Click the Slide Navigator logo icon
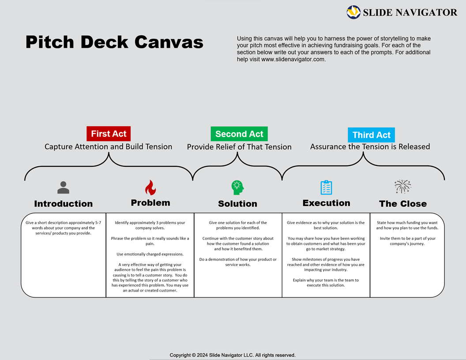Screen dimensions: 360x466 [353, 12]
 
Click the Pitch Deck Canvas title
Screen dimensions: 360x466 [114, 42]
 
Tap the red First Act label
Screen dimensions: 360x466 [109, 134]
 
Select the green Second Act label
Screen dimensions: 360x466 [239, 134]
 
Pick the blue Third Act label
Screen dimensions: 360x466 [371, 135]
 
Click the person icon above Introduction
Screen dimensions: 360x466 [64, 187]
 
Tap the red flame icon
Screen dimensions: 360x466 [150, 187]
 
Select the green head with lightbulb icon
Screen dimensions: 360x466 [237, 187]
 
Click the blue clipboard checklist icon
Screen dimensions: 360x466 [326, 187]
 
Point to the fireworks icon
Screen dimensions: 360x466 [402, 187]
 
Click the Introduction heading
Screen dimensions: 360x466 [64, 204]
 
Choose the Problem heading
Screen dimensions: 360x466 [150, 203]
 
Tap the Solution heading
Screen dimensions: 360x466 [237, 204]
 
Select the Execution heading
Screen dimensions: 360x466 [326, 203]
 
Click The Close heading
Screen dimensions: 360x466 [402, 204]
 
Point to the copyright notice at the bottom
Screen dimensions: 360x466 [233, 355]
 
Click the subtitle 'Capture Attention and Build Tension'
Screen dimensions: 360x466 [109, 146]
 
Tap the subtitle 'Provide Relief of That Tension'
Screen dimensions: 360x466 [239, 147]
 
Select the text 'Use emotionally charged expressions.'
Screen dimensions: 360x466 [150, 254]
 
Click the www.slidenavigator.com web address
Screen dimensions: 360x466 [293, 60]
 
